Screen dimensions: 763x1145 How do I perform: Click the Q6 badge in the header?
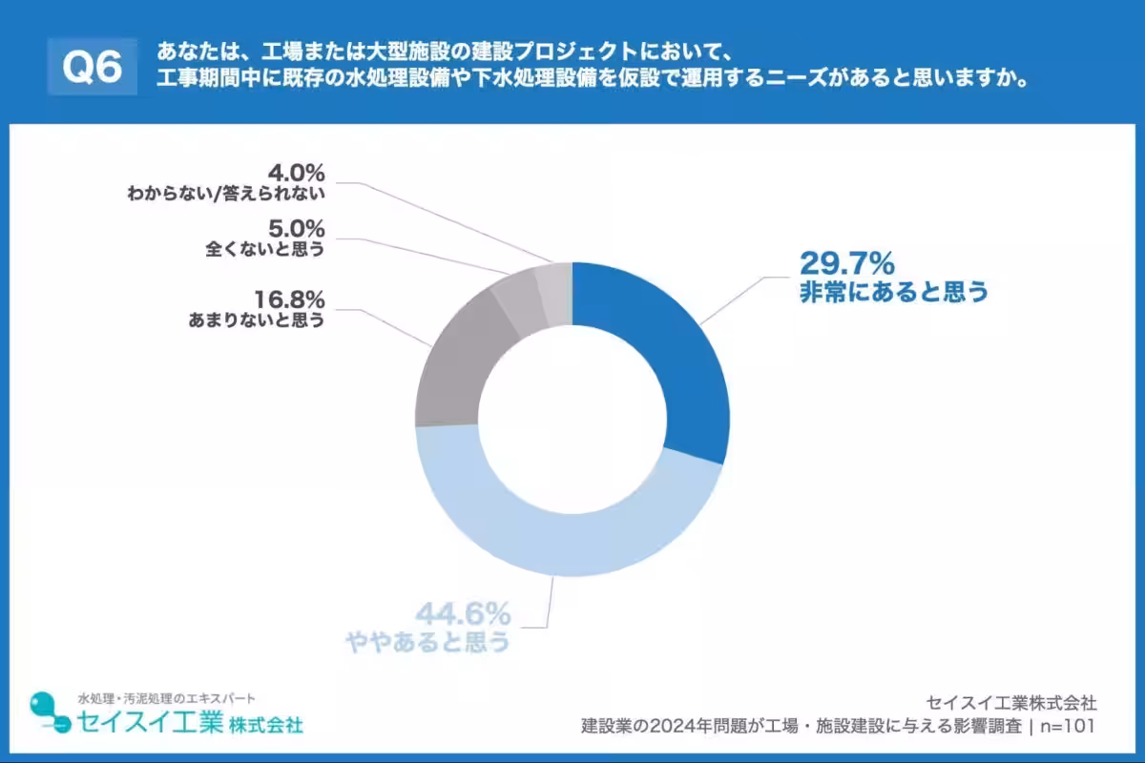(93, 67)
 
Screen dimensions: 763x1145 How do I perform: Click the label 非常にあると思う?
(893, 292)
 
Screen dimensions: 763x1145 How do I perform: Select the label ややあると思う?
(428, 642)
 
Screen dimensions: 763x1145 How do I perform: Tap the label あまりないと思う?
(257, 320)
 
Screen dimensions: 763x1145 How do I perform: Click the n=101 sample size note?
(1066, 726)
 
